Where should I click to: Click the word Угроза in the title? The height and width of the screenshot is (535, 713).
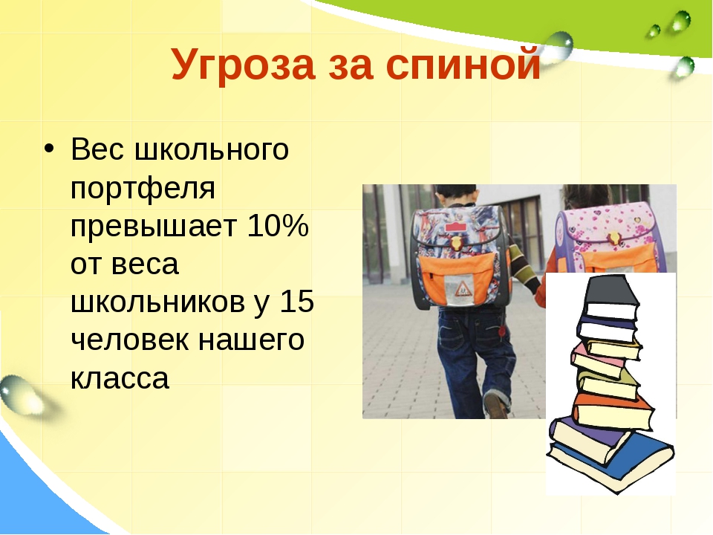click(x=243, y=65)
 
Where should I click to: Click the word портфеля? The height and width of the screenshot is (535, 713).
click(x=143, y=189)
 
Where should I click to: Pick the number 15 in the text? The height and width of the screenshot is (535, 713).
click(x=296, y=301)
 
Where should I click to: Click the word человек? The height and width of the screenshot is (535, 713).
click(x=129, y=340)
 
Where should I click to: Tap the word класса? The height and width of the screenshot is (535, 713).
click(x=120, y=378)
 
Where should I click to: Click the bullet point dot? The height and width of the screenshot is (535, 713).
click(x=49, y=149)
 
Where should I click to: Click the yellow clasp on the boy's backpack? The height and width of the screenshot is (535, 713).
click(x=457, y=242)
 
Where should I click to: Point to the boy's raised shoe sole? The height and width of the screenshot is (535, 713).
click(x=496, y=405)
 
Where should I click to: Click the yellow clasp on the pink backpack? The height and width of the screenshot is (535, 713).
click(x=615, y=239)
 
